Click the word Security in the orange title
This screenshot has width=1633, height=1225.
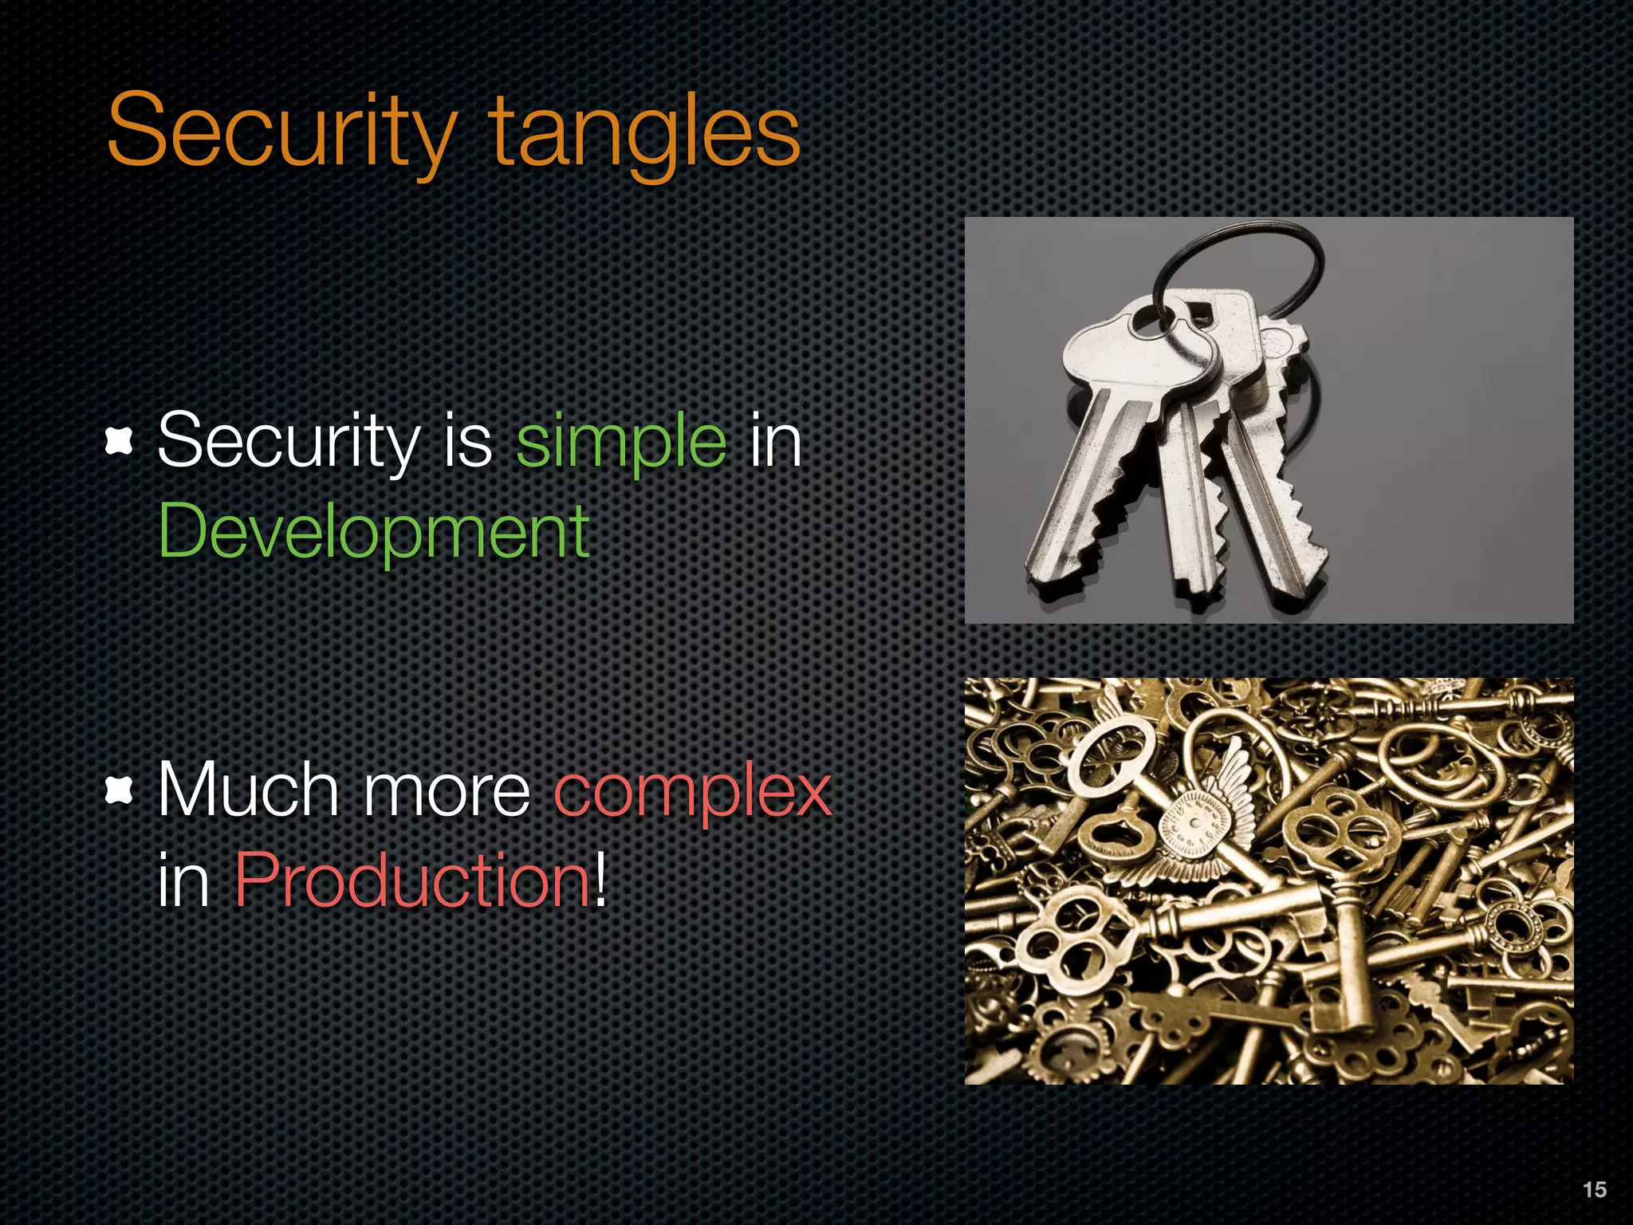click(x=281, y=132)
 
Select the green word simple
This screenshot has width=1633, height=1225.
click(x=621, y=441)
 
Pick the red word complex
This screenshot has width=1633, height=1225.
click(x=693, y=791)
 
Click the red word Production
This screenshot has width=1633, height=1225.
click(x=412, y=880)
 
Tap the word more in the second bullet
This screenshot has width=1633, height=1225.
click(x=447, y=791)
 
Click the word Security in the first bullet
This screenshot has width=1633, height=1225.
click(x=288, y=441)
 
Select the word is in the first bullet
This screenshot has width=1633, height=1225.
click(x=468, y=441)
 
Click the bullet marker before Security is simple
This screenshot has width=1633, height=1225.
click(x=119, y=441)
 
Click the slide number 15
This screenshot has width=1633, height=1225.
click(x=1594, y=1189)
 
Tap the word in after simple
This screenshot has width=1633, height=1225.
click(x=775, y=441)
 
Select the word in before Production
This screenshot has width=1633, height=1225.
click(x=183, y=880)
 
